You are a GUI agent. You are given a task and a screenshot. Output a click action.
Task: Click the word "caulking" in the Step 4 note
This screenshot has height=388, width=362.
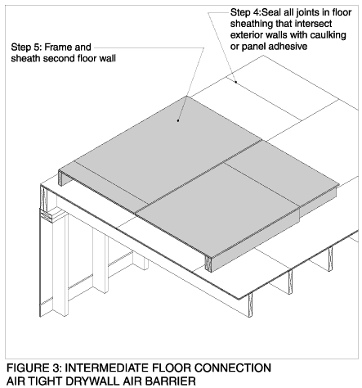pos(328,35)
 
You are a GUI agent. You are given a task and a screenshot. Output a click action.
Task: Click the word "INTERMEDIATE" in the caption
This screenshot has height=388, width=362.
pos(107,368)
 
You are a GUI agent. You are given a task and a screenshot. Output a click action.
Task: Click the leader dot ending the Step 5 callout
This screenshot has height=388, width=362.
pos(178,120)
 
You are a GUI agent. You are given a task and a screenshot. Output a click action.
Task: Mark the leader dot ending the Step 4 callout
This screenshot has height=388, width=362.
pos(236,82)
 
